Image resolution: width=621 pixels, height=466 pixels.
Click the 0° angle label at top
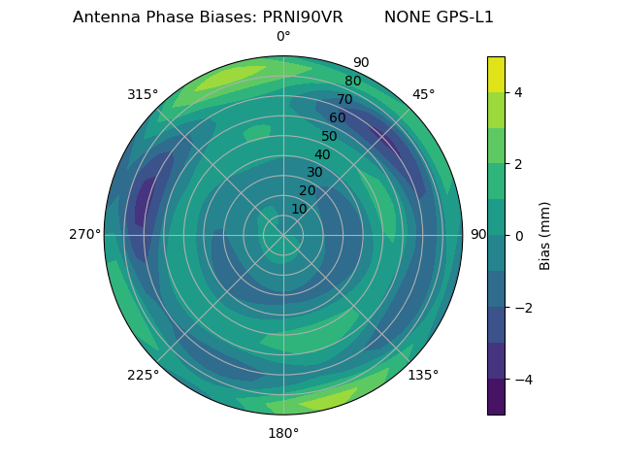click(283, 37)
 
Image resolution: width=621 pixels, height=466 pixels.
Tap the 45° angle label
click(423, 94)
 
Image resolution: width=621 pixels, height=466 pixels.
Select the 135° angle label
click(423, 375)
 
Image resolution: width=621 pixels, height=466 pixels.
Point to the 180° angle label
click(283, 433)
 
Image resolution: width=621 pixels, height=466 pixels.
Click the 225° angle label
click(143, 375)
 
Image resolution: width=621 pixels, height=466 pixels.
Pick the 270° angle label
click(84, 235)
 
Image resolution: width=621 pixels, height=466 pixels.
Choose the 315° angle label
click(143, 94)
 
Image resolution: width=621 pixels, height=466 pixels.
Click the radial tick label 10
click(299, 209)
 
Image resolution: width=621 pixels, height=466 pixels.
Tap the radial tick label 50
click(329, 136)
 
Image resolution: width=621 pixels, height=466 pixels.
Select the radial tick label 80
click(352, 81)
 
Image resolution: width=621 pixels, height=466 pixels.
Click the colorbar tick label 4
click(519, 92)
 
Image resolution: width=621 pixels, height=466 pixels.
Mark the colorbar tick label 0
click(519, 236)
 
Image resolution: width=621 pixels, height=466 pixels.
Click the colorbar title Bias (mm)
click(545, 235)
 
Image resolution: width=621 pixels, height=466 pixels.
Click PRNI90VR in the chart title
click(303, 17)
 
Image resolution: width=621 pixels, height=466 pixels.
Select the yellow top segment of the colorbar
click(496, 74)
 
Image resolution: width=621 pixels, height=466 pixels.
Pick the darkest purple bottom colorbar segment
click(496, 397)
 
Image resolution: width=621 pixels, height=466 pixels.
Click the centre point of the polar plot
click(283, 235)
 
